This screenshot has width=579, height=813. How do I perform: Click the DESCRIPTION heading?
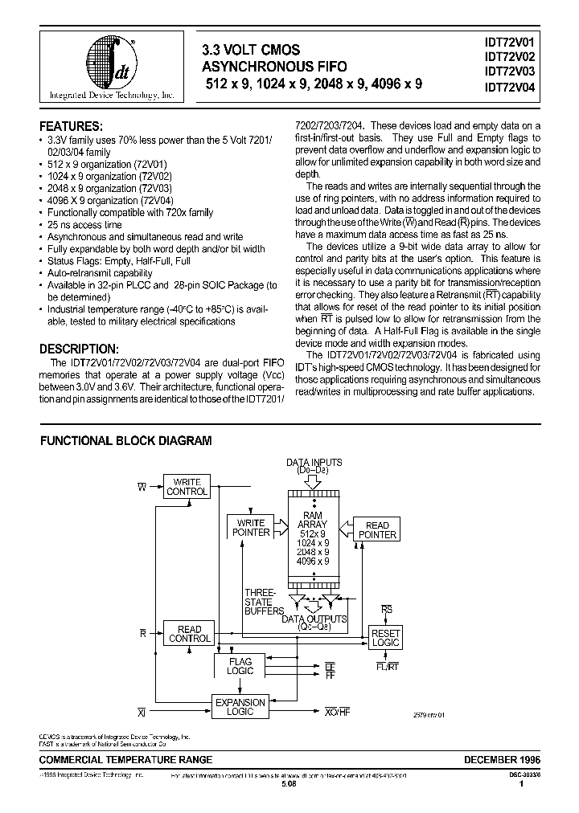coord(79,349)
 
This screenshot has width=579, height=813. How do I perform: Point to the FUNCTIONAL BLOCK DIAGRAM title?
coord(126,441)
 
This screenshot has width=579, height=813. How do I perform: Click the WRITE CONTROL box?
coord(187,487)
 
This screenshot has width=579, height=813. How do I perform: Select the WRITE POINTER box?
coord(251,527)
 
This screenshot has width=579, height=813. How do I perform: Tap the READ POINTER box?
coord(377,530)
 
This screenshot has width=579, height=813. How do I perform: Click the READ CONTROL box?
coord(189,634)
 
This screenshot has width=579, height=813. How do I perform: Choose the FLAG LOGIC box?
coord(240,666)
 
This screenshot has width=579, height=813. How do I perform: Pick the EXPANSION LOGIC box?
coord(240,707)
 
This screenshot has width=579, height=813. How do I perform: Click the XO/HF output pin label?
coord(337,713)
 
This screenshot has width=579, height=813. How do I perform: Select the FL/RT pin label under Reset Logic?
coord(386,666)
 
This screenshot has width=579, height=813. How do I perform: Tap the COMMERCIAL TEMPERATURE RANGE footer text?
coord(126,759)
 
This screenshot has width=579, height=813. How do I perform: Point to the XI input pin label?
coord(142,713)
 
